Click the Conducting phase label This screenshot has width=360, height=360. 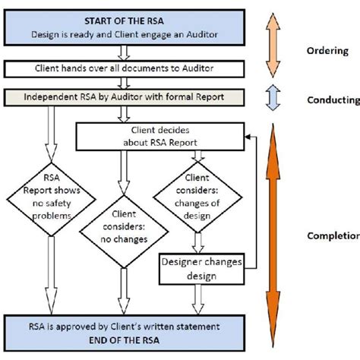[x=332, y=99]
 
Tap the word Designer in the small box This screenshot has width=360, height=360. [x=183, y=263]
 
